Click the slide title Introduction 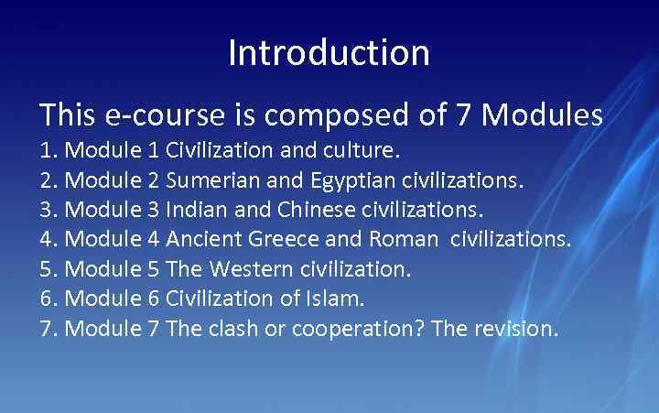click(329, 52)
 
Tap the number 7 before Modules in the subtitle click(464, 115)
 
